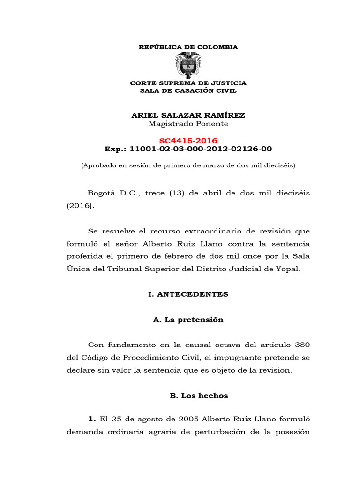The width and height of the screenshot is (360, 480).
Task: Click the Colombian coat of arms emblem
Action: click(x=188, y=65)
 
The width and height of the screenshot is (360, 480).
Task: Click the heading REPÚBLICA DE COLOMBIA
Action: click(x=188, y=47)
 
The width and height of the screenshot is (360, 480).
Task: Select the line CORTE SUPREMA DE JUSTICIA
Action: click(x=188, y=83)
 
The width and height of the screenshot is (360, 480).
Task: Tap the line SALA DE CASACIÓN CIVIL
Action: click(x=188, y=90)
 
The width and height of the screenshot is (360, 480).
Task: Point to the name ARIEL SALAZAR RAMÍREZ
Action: click(x=188, y=115)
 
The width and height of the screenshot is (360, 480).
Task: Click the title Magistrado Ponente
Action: click(x=188, y=124)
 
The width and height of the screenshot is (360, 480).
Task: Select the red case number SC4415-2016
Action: click(x=188, y=141)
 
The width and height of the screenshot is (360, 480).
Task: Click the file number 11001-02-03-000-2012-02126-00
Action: click(x=201, y=149)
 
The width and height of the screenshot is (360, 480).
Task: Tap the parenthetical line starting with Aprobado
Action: click(x=188, y=165)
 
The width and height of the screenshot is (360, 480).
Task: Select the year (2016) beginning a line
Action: click(x=80, y=205)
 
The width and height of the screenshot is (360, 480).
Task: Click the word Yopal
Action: click(x=284, y=269)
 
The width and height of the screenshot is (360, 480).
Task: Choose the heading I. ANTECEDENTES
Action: click(x=188, y=294)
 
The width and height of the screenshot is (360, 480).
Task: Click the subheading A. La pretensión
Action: click(x=188, y=320)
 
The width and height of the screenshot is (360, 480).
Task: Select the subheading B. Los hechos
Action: click(x=199, y=396)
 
